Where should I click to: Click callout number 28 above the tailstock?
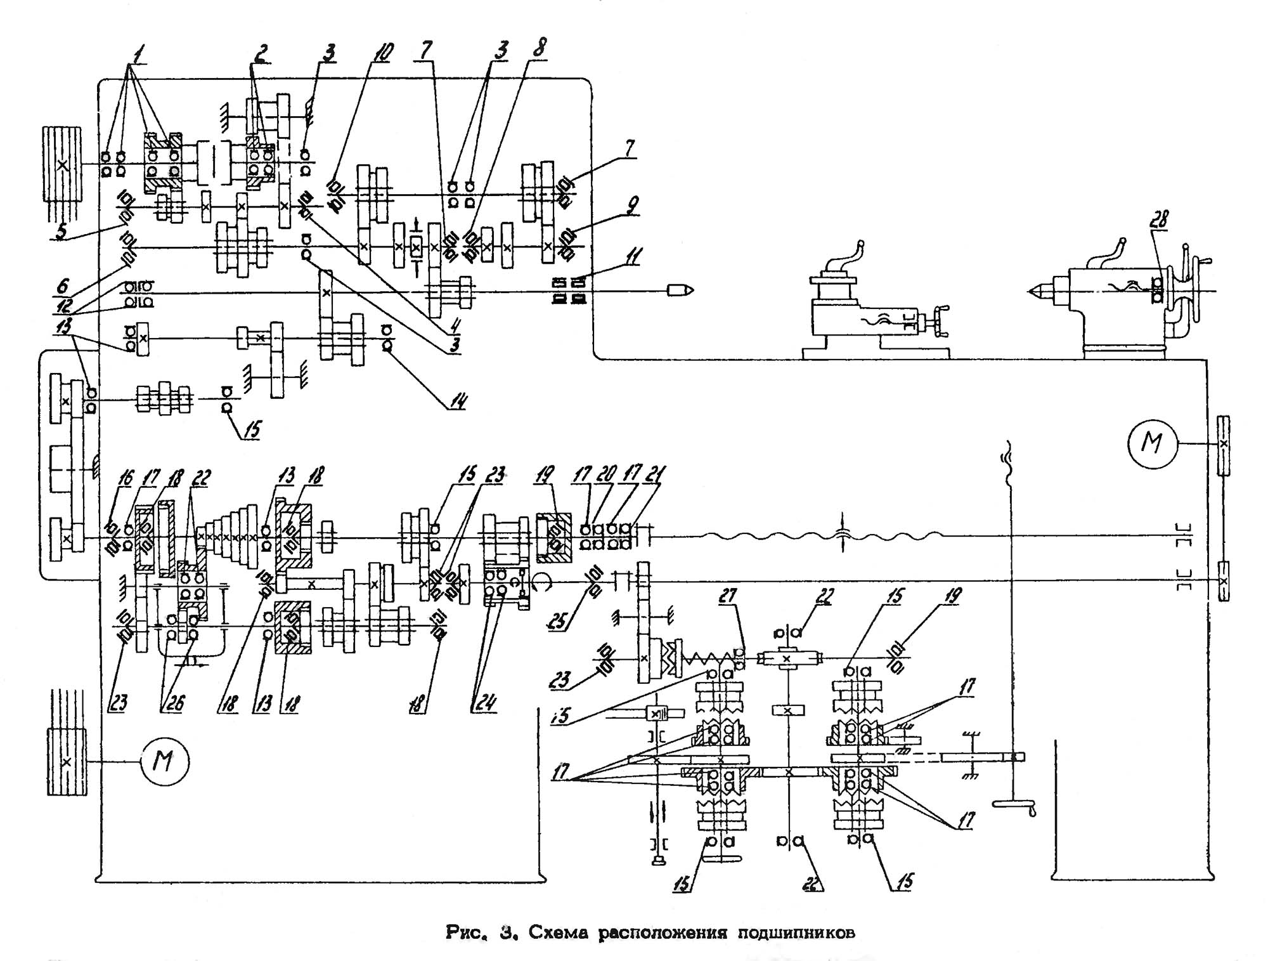(x=1161, y=219)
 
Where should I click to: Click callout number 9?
(x=630, y=206)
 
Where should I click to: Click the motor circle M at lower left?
(x=164, y=761)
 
